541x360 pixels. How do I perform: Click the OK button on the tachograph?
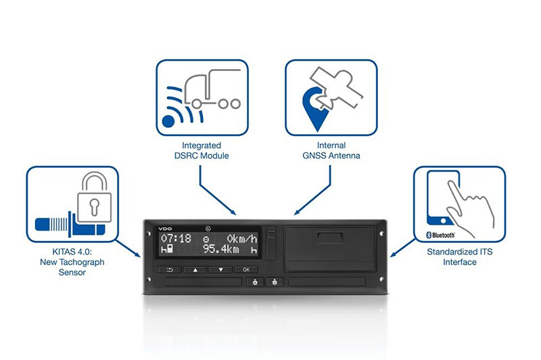tap(246, 269)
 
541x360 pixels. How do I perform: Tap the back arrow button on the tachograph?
tap(170, 269)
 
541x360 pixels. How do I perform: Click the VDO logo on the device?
tap(165, 229)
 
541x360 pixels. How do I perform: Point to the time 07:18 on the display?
tap(176, 238)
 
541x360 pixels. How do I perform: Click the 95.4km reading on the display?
tap(221, 249)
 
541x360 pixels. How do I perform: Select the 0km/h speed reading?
tap(242, 238)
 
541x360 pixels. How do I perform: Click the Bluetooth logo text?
tap(441, 235)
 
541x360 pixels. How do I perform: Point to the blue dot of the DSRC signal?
tap(168, 121)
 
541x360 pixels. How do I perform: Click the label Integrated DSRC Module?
tap(202, 150)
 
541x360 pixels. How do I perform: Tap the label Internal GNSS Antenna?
tap(331, 150)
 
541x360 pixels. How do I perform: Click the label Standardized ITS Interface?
tap(460, 256)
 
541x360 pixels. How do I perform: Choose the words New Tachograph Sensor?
tap(72, 267)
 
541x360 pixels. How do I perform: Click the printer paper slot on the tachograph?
tap(330, 237)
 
